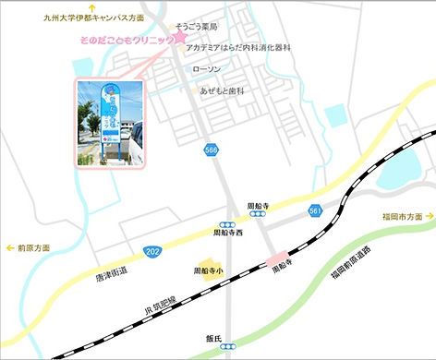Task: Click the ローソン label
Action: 207,68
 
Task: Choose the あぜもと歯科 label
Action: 221,90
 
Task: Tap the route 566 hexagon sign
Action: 212,150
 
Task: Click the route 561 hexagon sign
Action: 316,211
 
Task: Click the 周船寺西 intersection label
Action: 228,234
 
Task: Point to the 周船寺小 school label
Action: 208,271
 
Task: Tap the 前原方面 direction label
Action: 33,247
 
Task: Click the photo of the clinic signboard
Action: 111,124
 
